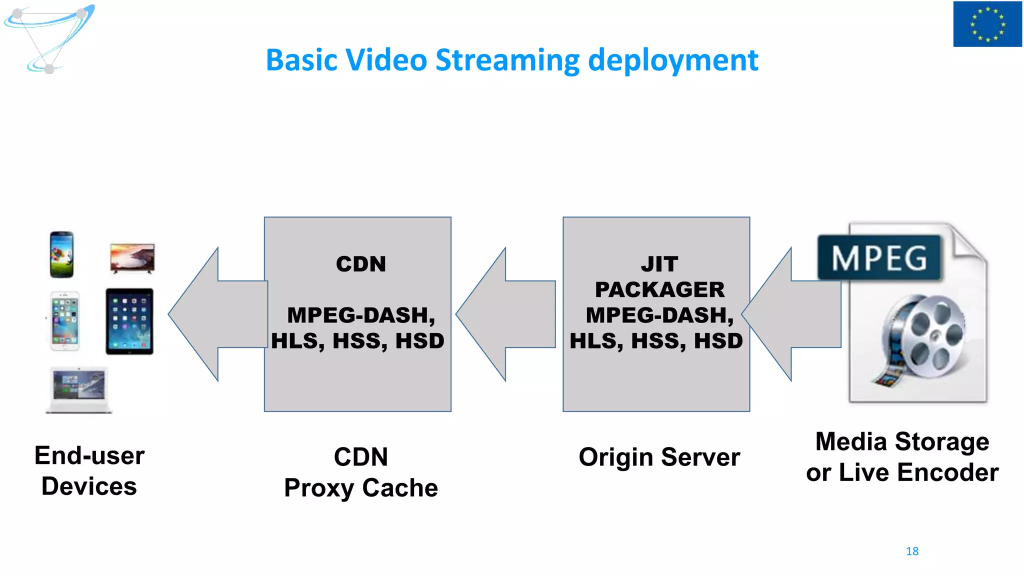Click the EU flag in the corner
tap(987, 24)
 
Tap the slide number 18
tap(912, 551)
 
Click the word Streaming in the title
tap(507, 60)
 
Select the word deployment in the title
tap(673, 60)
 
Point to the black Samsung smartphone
tap(62, 254)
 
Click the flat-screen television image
tap(132, 258)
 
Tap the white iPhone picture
tap(65, 321)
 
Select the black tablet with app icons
tap(129, 321)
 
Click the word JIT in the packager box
tap(659, 264)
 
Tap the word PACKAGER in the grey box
tap(659, 289)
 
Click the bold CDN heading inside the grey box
tap(361, 264)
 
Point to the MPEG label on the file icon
tap(879, 258)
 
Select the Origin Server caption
tap(659, 457)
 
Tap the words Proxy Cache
tap(361, 488)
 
